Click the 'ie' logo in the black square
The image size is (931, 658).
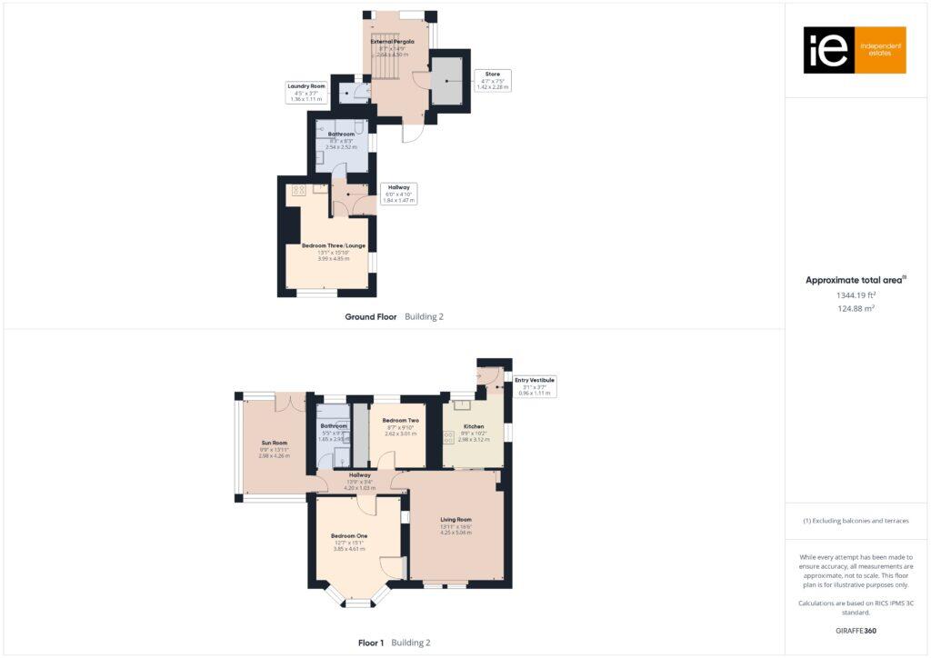point(828,50)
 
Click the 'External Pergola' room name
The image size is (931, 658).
point(392,42)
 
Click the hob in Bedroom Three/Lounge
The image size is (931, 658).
point(298,190)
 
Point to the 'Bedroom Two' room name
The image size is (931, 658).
point(400,421)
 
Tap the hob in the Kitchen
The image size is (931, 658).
point(448,438)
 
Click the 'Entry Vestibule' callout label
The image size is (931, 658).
point(535,380)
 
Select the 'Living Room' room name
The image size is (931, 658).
point(456,520)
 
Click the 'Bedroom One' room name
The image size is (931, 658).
point(349,536)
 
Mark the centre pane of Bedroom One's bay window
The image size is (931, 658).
point(358,603)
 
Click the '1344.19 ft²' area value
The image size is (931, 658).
point(856,295)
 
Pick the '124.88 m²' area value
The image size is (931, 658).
point(856,309)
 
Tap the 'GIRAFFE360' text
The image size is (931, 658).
point(856,630)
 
